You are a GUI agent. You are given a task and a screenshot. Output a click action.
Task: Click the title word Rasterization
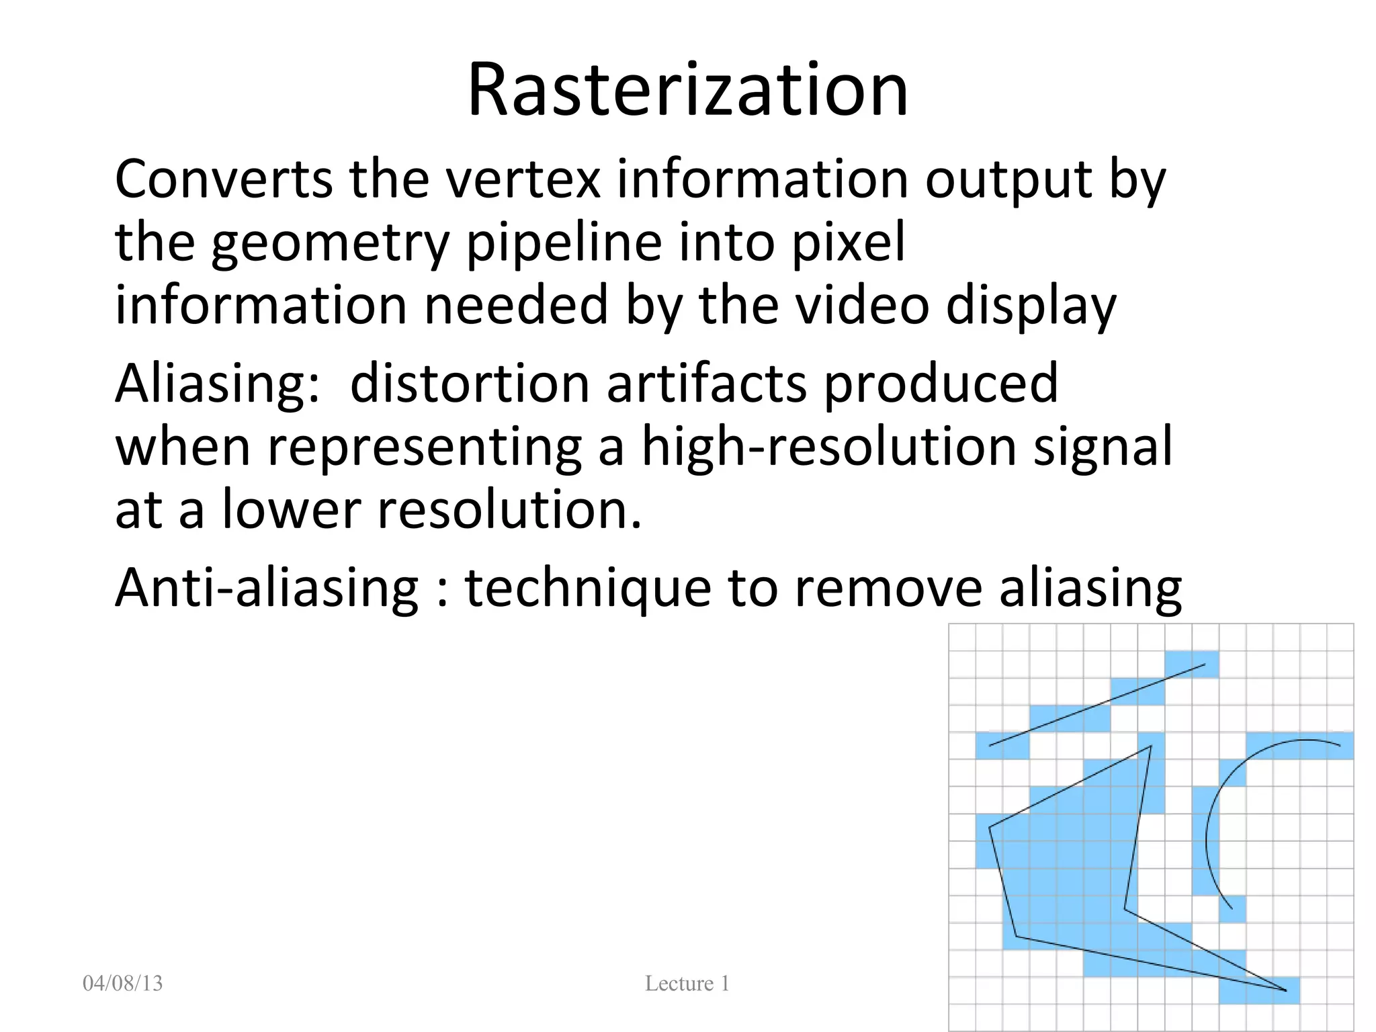(687, 90)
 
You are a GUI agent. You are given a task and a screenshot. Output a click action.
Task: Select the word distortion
(470, 383)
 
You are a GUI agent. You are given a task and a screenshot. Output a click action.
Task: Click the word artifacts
(706, 383)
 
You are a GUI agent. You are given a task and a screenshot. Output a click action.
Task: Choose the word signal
(1103, 447)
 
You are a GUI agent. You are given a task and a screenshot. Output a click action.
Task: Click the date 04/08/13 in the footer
(122, 984)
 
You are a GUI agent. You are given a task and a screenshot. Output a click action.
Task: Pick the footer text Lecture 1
(687, 984)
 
